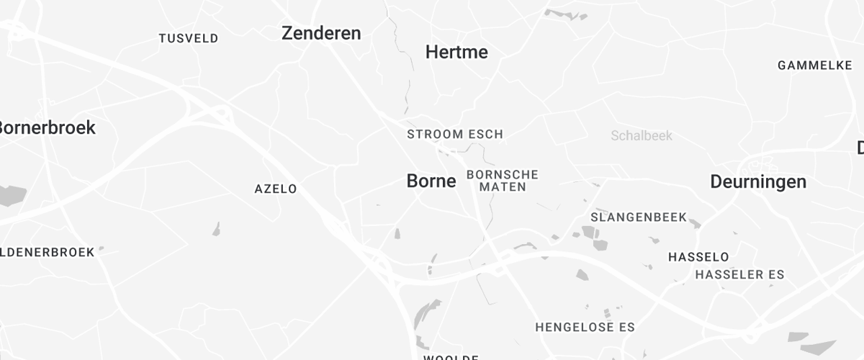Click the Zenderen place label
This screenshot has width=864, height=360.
[321, 33]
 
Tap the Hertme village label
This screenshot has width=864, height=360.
[456, 52]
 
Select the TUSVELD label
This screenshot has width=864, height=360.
[189, 38]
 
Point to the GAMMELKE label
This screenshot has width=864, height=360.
[815, 66]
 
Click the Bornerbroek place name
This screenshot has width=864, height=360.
[46, 127]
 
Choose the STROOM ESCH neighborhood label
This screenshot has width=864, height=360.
[455, 134]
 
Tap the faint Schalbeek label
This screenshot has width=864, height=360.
[642, 135]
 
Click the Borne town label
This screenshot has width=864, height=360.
[431, 181]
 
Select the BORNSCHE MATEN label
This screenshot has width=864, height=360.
[503, 181]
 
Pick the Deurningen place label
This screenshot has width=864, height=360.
[758, 181]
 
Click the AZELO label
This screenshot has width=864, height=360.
[276, 189]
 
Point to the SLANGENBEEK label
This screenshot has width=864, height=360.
[639, 217]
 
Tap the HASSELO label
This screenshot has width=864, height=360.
[698, 257]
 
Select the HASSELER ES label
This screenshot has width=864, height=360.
[739, 274]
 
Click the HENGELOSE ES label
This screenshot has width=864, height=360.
[585, 327]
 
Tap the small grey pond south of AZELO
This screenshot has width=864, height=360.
[216, 229]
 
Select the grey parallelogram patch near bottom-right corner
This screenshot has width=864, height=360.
[803, 336]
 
